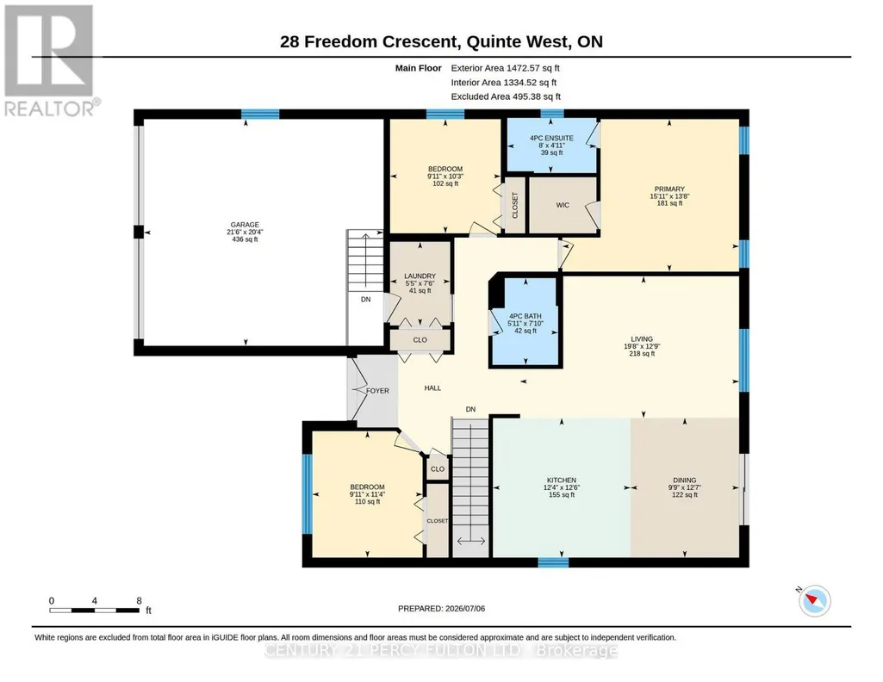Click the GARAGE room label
(245, 225)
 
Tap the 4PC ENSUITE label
(551, 138)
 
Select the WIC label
(563, 206)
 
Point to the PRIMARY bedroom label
(669, 189)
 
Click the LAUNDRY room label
(420, 276)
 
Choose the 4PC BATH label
(525, 316)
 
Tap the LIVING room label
(642, 339)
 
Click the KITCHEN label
(562, 480)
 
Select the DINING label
(685, 480)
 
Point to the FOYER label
(377, 391)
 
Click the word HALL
(432, 387)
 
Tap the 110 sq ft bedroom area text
(367, 501)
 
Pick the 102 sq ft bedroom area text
(445, 183)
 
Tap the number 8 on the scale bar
(139, 601)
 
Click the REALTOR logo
(50, 60)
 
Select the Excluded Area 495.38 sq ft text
(506, 96)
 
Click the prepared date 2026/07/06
(465, 608)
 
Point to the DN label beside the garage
(366, 300)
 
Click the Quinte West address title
(441, 41)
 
